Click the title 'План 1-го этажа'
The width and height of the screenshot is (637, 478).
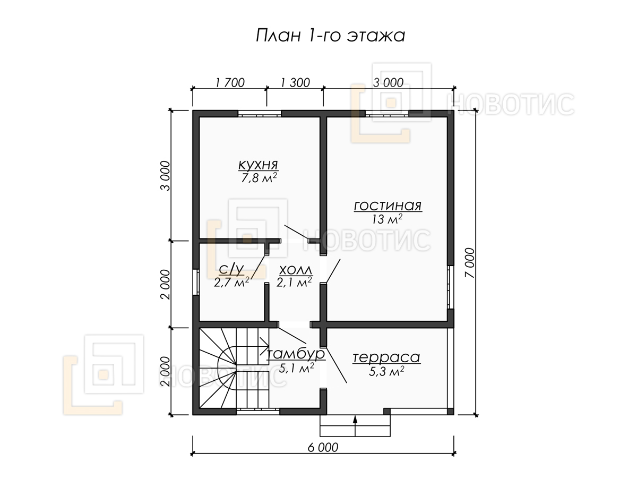[330, 36]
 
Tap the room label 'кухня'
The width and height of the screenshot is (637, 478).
[259, 165]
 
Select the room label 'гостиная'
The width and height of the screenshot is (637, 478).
[388, 206]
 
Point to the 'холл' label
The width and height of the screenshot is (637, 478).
[296, 270]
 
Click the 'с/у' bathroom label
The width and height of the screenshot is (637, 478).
[231, 269]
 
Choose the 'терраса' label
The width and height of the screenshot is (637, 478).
[386, 357]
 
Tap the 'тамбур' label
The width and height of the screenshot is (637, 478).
[296, 354]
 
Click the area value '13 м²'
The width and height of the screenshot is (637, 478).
[387, 219]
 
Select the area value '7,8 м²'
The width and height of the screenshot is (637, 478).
[259, 177]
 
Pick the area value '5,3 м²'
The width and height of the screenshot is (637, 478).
[386, 371]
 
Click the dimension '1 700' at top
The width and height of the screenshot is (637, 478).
[230, 83]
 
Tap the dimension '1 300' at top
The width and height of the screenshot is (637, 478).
[295, 83]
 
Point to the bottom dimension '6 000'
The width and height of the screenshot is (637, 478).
[323, 448]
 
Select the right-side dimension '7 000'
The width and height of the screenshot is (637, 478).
[470, 263]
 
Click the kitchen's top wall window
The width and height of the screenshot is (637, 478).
[260, 114]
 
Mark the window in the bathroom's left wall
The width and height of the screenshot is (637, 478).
[196, 283]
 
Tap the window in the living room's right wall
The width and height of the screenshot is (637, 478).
[450, 287]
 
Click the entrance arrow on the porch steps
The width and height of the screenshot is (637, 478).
[355, 426]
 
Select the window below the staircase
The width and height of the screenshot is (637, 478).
[257, 411]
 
